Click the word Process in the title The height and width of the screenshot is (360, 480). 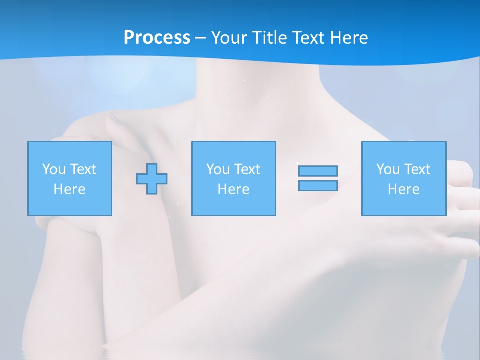tap(157, 38)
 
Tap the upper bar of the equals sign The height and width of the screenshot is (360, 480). tap(318, 171)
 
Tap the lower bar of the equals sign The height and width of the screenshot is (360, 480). tap(318, 186)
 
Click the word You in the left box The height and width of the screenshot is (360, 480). tap(53, 169)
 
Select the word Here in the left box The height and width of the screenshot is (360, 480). tap(70, 189)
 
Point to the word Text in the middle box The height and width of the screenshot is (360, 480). tap(247, 169)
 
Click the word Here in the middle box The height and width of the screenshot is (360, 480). tap(234, 189)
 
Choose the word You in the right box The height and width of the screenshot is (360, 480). tap(388, 169)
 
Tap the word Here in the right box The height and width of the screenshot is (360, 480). tap(404, 189)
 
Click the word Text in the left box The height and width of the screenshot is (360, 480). tap(83, 169)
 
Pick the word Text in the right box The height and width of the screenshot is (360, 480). tap(417, 169)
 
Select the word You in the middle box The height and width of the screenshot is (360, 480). tap(218, 169)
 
